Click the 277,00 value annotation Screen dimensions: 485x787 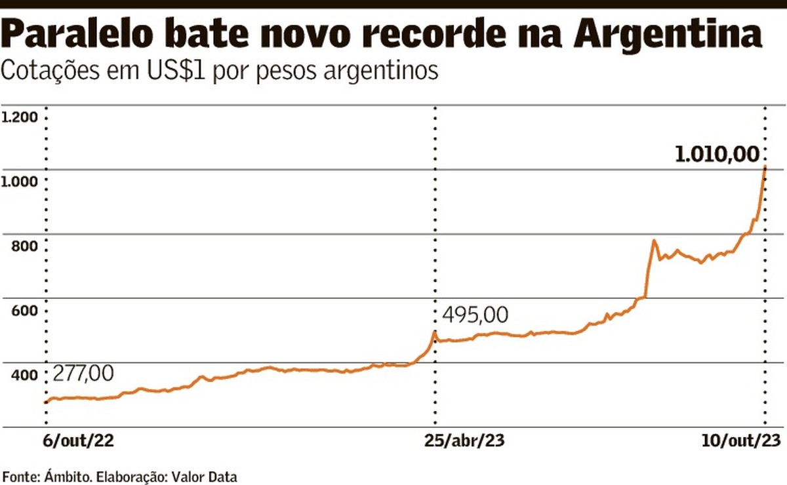tap(83, 374)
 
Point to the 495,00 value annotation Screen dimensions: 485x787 tap(475, 315)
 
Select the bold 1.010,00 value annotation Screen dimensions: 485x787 tap(717, 155)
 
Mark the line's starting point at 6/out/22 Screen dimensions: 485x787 tap(46, 402)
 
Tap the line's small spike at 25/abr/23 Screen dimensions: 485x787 tap(434, 332)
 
